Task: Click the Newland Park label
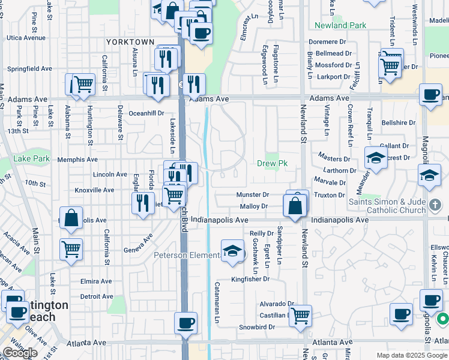340,26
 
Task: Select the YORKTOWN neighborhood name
130,42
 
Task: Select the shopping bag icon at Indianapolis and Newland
295,207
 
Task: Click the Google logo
20,353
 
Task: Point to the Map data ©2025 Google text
411,355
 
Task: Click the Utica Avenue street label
26,37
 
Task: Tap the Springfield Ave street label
29,69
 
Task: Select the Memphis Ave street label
77,160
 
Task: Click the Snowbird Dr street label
256,327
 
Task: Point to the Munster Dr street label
252,194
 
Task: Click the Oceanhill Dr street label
146,113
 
